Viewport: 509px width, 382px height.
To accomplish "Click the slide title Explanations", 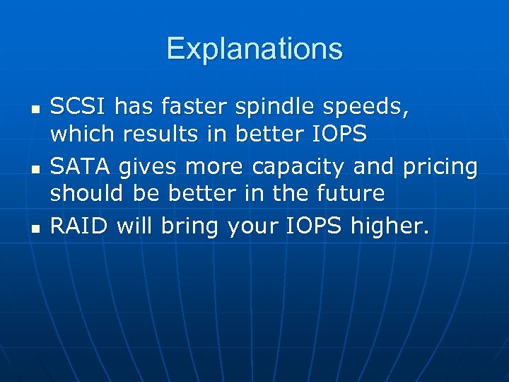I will coord(255,49).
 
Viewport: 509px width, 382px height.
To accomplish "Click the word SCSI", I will coord(78,108).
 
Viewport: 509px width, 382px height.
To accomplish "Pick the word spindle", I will coord(271,108).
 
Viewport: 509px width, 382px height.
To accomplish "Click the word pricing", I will coord(440,168).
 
